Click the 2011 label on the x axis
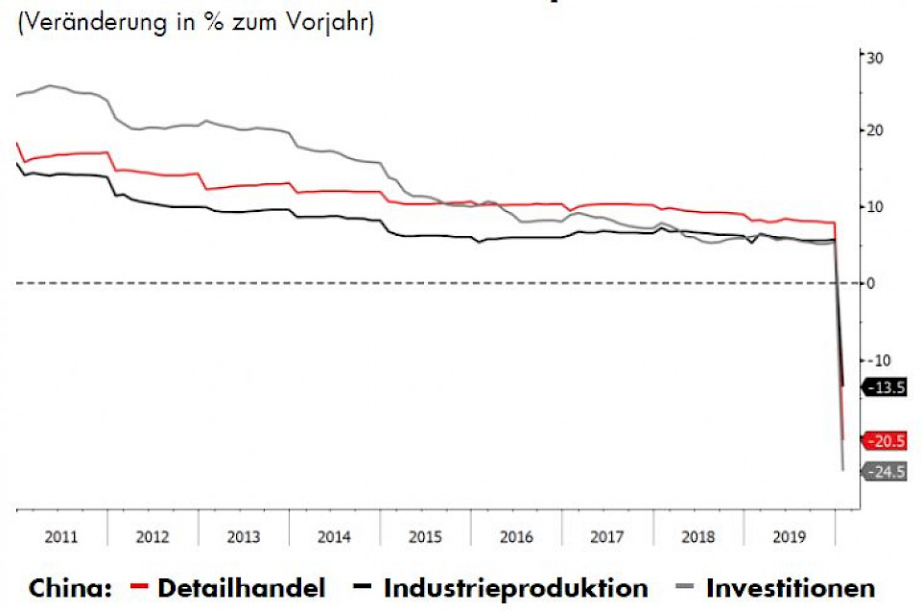click(61, 536)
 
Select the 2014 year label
click(334, 536)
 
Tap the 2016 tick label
click(515, 536)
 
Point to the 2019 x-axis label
click(789, 536)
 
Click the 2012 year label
click(153, 536)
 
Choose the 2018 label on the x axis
click(697, 536)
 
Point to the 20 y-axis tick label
click(875, 129)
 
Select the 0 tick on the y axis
click(871, 283)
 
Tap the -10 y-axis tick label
click(877, 360)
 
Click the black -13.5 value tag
click(885, 388)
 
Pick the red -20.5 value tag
click(885, 441)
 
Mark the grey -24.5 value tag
click(885, 471)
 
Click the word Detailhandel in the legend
click(241, 587)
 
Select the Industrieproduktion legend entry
click(515, 587)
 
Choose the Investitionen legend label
click(791, 587)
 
